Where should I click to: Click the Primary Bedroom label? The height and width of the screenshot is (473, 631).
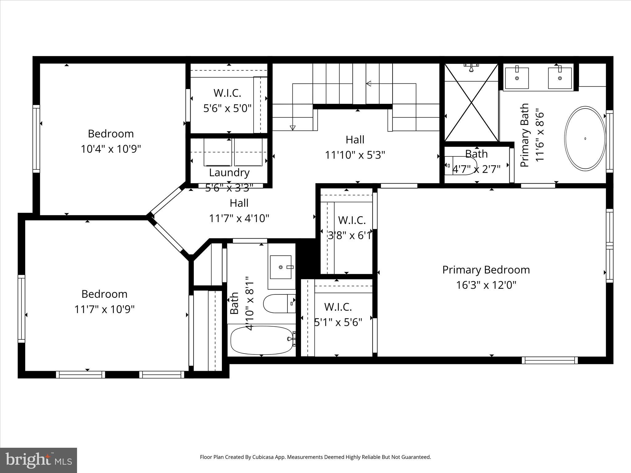(486, 270)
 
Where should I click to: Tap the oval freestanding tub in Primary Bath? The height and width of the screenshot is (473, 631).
(585, 139)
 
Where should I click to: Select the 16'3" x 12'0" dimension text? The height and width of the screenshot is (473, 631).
(486, 285)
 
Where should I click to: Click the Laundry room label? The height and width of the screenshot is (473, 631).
(229, 172)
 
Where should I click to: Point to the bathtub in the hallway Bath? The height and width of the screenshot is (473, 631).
(262, 340)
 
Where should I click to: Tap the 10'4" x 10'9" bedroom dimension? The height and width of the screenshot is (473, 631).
(111, 149)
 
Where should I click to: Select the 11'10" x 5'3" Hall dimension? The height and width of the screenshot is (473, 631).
(355, 155)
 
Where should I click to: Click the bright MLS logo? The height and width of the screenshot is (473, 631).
(38, 460)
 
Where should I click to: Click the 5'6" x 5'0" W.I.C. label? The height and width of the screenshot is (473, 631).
(227, 108)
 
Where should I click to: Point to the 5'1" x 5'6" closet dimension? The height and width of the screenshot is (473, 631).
(338, 322)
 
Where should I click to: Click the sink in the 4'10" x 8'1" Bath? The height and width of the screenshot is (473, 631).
(281, 267)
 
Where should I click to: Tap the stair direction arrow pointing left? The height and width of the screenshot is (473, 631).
(368, 83)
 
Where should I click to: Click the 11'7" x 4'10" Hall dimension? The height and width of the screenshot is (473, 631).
(239, 218)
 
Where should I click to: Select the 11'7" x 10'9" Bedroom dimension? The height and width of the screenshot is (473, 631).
(104, 309)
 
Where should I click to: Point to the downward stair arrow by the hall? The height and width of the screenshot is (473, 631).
(292, 127)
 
